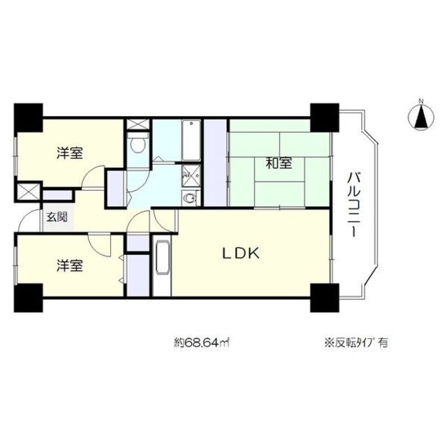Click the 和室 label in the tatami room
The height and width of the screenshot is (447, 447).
point(278,164)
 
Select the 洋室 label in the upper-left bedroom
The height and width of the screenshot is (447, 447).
point(70,154)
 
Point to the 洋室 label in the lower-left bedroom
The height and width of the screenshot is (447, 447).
point(70,265)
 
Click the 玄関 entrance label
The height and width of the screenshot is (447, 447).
point(57,217)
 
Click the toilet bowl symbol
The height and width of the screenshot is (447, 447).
point(138,145)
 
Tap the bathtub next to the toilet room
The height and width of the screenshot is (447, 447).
point(190,140)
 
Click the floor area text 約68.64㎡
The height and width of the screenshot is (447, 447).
point(202,343)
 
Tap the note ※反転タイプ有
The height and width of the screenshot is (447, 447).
point(356,343)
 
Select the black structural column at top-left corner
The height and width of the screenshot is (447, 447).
point(28,119)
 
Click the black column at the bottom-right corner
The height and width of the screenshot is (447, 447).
point(323,298)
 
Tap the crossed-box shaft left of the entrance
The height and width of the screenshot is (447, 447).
point(27,191)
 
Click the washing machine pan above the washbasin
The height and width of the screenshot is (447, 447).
point(189,177)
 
